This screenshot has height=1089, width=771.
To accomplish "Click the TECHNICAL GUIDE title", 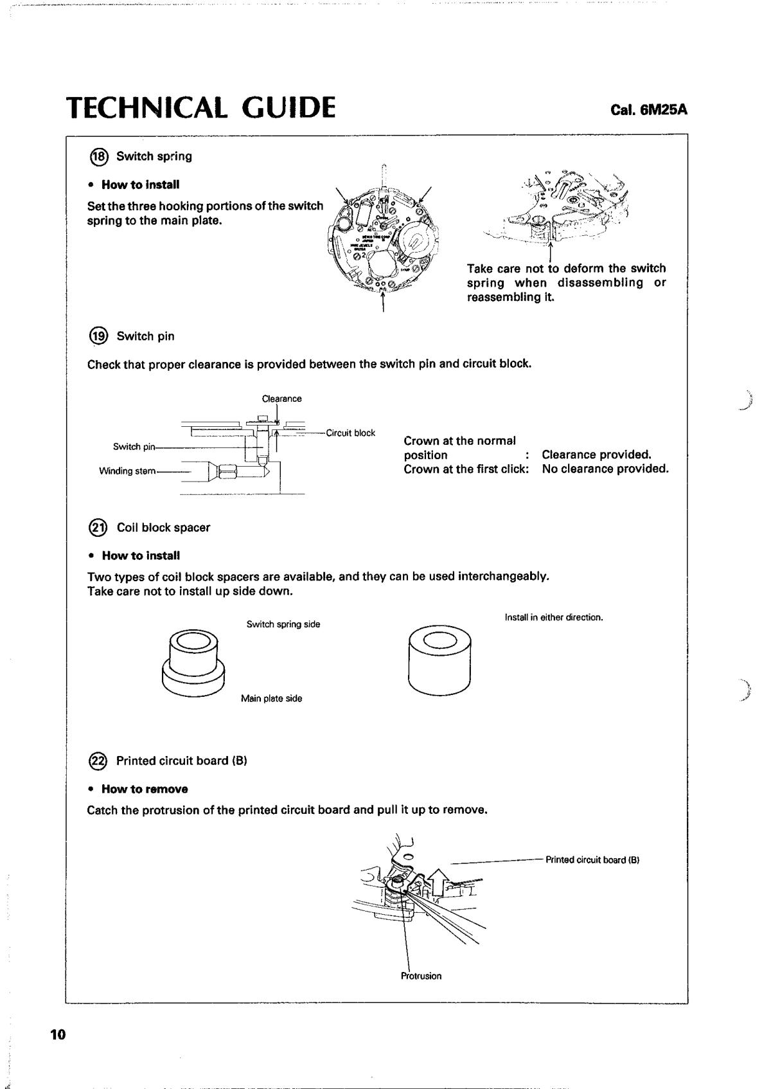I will tap(201, 108).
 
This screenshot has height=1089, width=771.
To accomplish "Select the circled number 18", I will tap(99, 156).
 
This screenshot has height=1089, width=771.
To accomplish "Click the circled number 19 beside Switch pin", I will tap(99, 336).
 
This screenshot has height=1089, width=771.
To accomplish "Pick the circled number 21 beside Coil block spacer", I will tap(99, 528).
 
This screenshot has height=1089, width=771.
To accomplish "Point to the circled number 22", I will tap(99, 761).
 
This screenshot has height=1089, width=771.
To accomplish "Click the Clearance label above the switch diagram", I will tap(281, 399).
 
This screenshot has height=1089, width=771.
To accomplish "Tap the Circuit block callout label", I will tap(350, 433).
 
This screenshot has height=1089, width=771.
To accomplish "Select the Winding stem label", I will tap(127, 471).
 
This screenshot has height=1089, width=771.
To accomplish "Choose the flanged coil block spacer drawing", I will tap(193, 659).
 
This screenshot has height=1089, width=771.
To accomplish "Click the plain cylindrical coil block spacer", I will tap(439, 660).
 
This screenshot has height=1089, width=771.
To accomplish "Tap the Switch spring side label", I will tap(283, 624).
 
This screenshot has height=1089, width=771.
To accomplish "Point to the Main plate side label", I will tap(271, 699).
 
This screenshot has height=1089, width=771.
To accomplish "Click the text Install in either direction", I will tap(553, 618).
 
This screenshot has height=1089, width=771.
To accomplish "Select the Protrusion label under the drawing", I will tap(421, 976).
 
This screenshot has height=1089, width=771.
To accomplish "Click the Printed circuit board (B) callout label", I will tap(592, 860).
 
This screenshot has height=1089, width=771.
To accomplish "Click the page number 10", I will tap(57, 1034).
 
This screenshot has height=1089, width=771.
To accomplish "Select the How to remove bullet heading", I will tap(144, 789).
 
